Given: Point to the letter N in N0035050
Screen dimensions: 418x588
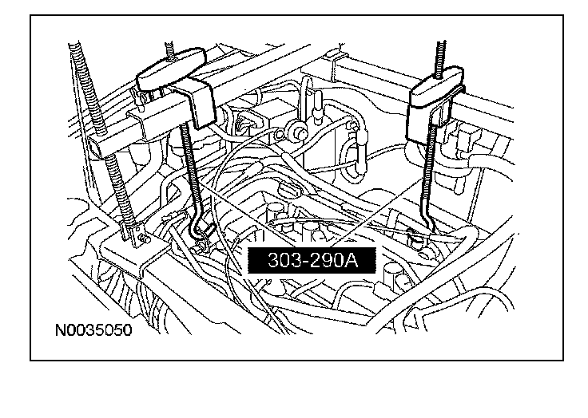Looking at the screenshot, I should [x=61, y=329].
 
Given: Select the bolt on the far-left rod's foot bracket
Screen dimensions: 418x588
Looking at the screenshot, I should [x=141, y=235].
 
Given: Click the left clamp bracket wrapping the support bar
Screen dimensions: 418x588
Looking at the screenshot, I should [x=195, y=104].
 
